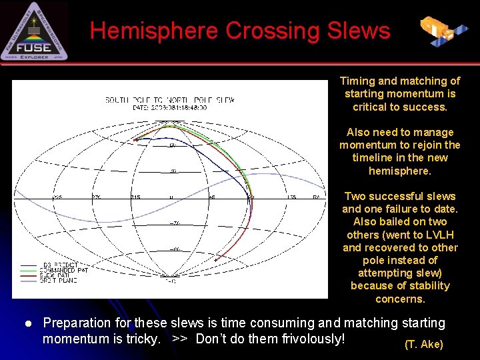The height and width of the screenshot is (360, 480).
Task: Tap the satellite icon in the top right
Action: coord(443,29)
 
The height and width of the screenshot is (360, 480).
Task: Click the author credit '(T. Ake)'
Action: coord(423,344)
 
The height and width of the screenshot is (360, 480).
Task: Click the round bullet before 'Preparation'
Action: coord(28,323)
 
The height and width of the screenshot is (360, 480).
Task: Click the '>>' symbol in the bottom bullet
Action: coord(179,339)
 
